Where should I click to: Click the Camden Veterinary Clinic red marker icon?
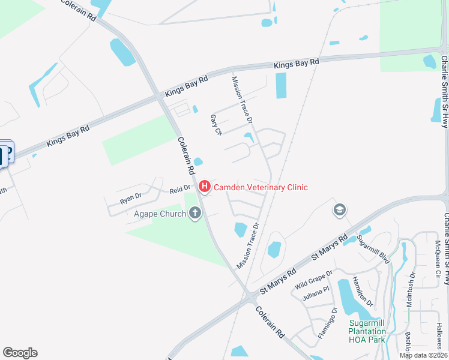(204, 188)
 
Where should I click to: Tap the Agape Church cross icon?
(194, 212)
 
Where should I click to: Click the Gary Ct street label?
(216, 125)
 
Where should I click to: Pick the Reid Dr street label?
(179, 190)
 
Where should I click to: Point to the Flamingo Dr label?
(328, 323)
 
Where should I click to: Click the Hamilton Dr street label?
(363, 292)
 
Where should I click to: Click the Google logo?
(20, 353)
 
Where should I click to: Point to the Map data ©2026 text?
(423, 355)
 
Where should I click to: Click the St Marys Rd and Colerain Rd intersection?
(248, 295)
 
